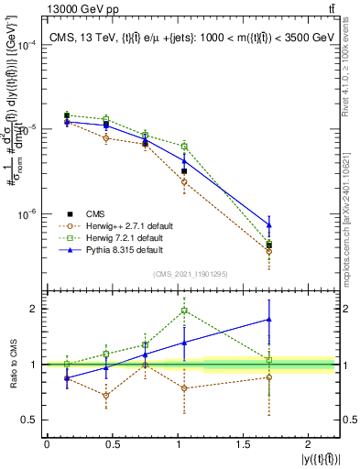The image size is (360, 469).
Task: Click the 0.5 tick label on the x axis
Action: (x=113, y=444)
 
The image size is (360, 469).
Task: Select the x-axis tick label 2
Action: (x=316, y=444)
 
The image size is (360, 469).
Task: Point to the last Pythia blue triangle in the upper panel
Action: (x=268, y=224)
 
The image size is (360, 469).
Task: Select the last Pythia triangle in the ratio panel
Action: (x=268, y=320)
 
